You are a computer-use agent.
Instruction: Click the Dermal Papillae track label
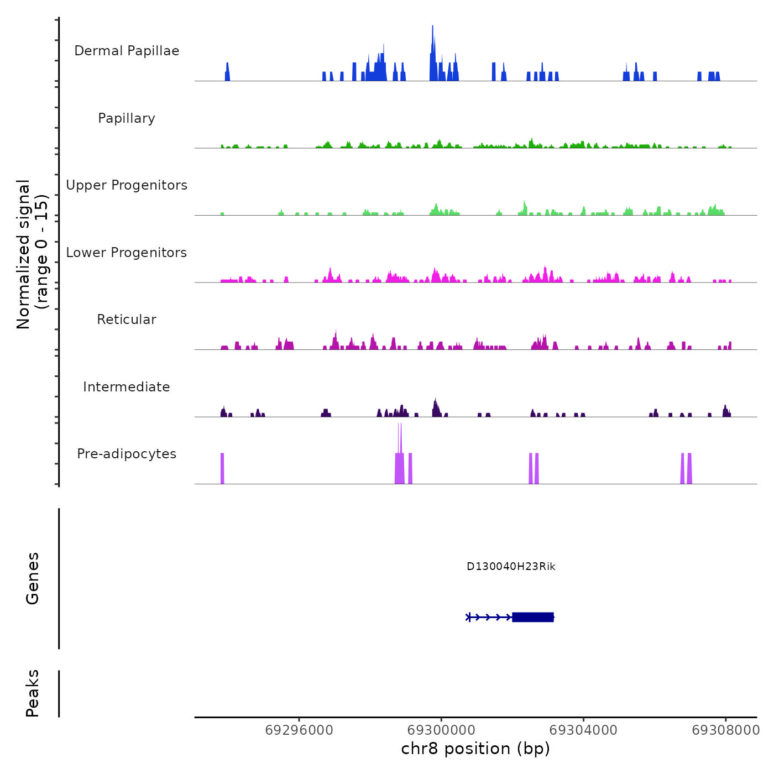coord(127,51)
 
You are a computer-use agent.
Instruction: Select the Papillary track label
coord(127,118)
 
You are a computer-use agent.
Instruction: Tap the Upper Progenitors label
coord(127,185)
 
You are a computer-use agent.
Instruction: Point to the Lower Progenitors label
coord(127,253)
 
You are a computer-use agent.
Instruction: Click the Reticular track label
coord(127,320)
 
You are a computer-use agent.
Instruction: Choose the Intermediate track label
coord(127,387)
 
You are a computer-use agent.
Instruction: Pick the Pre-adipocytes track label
coord(127,454)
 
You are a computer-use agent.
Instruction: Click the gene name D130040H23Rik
coord(511,567)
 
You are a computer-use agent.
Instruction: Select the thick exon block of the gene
coord(533,617)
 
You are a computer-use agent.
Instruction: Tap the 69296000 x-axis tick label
coord(299,730)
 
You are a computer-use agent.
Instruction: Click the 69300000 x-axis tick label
coord(442,730)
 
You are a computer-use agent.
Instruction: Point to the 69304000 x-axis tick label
coord(583,730)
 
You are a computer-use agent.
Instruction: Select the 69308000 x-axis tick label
coord(726,730)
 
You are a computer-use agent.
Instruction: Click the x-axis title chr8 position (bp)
coord(475,749)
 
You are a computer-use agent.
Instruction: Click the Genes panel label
coord(33,578)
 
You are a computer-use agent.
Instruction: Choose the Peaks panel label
coord(33,693)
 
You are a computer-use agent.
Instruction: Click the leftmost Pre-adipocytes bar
coord(222,468)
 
